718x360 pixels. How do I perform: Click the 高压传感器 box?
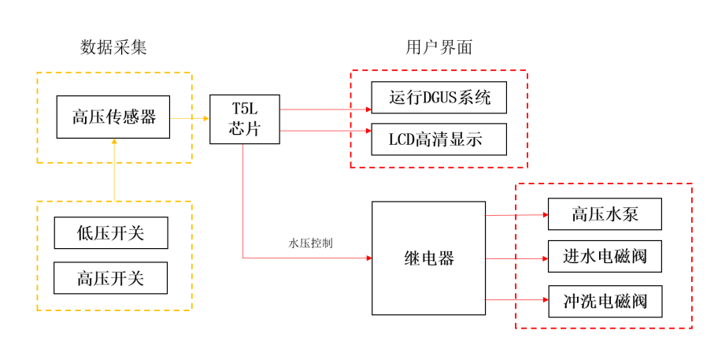[x=113, y=117]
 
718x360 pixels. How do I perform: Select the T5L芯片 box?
[x=245, y=119]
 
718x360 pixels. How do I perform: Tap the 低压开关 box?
[x=110, y=232]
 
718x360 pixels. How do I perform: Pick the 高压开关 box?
[x=110, y=277]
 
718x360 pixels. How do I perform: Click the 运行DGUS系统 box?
[x=439, y=97]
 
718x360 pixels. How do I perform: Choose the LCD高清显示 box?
[x=439, y=139]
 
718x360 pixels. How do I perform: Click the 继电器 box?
[x=428, y=258]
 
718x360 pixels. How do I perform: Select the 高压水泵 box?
[x=605, y=214]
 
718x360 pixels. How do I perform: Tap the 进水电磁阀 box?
[x=605, y=257]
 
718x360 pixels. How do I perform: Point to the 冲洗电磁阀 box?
[x=605, y=302]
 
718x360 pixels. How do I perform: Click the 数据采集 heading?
[x=113, y=48]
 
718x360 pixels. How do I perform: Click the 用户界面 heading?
[x=439, y=48]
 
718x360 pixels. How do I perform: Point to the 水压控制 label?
[x=310, y=243]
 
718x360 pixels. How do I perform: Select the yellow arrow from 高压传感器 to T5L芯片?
[x=189, y=118]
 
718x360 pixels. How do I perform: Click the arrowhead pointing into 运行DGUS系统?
[x=367, y=109]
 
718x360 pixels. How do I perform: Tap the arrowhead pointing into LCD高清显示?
[x=367, y=131]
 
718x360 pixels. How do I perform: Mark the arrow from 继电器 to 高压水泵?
[x=516, y=214]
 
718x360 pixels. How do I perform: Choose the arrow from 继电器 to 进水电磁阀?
[x=516, y=258]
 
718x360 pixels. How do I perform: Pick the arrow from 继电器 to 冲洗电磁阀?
[x=516, y=300]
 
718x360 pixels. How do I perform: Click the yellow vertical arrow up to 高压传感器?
[x=114, y=169]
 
